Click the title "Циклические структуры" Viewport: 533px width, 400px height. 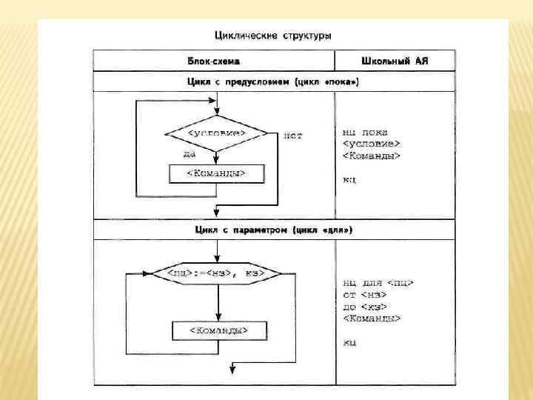click(272, 35)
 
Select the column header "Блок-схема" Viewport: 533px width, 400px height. click(212, 61)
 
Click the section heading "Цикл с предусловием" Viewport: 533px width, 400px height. click(273, 81)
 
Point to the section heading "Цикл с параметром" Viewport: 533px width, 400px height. click(273, 230)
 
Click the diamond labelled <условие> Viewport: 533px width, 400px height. click(215, 133)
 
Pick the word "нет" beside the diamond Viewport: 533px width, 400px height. click(293, 136)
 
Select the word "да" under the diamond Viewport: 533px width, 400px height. click(190, 153)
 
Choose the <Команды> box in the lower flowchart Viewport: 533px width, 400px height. click(219, 330)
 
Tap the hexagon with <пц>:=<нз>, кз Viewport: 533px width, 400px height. click(218, 274)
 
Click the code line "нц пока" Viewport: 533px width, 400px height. click(365, 130)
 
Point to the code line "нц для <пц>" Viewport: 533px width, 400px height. click(378, 282)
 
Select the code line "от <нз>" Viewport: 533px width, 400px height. click(361, 294)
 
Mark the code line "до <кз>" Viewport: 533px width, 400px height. click(364, 306)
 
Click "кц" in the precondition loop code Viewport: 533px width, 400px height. click(349, 180)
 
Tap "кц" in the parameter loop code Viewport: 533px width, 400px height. click(350, 342)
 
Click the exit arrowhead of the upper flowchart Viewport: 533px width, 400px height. click(215, 213)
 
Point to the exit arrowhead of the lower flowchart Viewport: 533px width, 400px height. click(232, 371)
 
